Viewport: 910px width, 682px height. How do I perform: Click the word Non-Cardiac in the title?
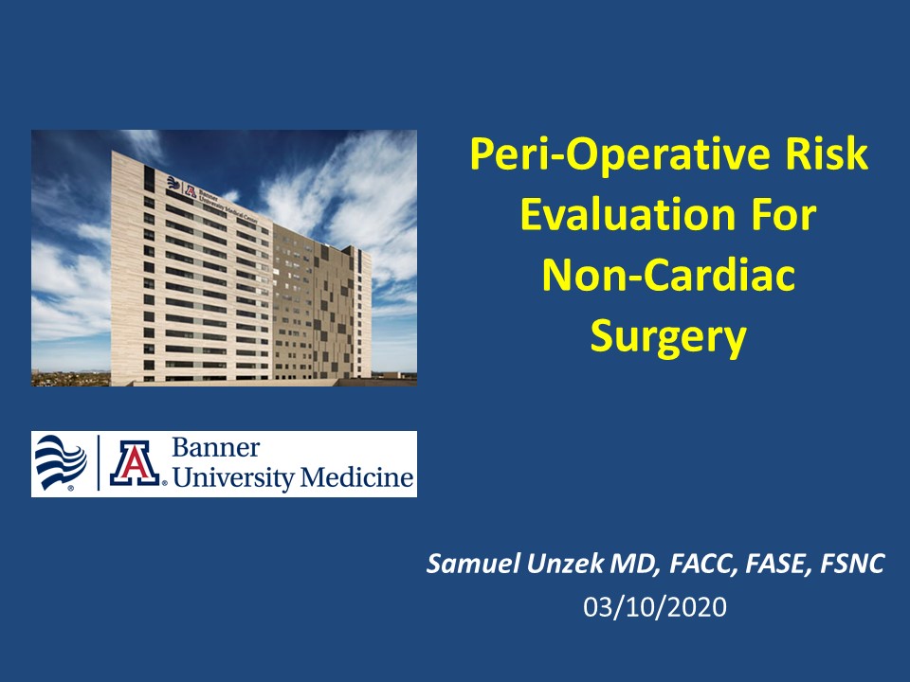tap(668, 275)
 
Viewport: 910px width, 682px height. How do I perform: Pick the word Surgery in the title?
tap(668, 337)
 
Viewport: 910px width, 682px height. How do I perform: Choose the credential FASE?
tap(778, 564)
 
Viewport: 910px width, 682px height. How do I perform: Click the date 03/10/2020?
tap(655, 607)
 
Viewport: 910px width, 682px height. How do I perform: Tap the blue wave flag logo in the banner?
tap(61, 463)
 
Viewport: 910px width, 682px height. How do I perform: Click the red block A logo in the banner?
tap(135, 463)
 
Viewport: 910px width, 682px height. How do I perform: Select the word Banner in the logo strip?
tap(216, 448)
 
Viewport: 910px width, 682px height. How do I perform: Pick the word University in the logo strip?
tap(234, 477)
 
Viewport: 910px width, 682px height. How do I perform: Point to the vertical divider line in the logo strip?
tap(99, 463)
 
